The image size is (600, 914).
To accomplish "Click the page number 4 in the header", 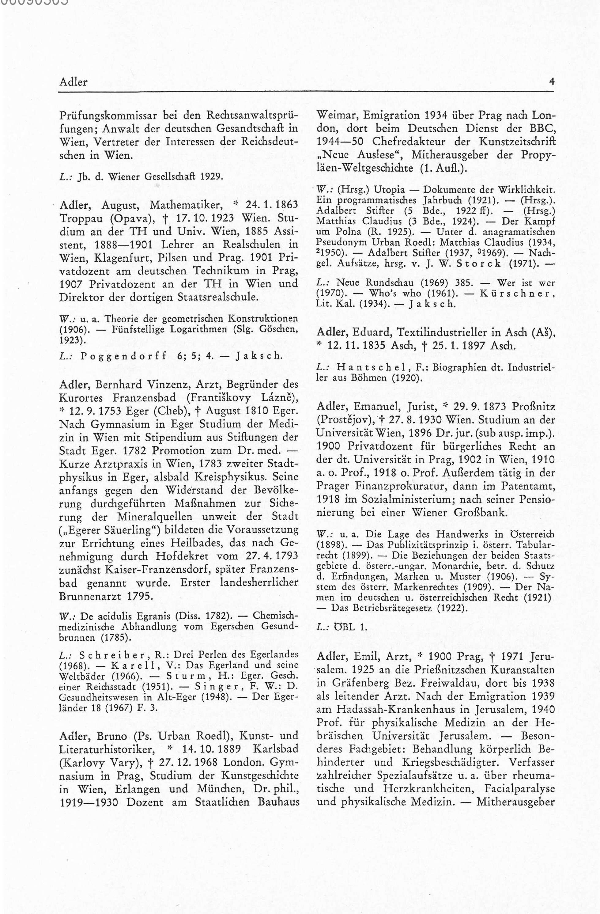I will [x=552, y=82].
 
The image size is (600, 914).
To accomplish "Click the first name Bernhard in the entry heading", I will [x=120, y=385].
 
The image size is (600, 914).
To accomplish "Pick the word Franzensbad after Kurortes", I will [x=144, y=397].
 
